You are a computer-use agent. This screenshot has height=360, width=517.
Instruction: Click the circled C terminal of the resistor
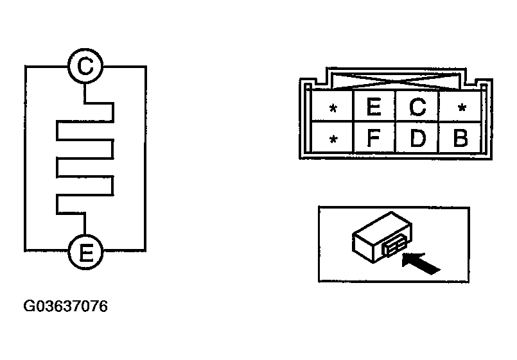click(x=85, y=66)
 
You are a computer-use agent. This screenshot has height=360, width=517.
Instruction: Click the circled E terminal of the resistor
click(x=85, y=252)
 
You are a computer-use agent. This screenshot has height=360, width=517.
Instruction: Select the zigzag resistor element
click(x=85, y=159)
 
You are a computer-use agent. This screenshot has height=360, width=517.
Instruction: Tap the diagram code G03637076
click(x=66, y=306)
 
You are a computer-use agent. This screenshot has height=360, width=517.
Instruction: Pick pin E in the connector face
click(x=374, y=106)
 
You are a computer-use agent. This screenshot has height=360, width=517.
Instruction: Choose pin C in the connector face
click(x=417, y=106)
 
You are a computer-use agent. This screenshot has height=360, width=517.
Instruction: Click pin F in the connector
click(x=374, y=137)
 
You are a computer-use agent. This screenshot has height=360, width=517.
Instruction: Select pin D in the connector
click(x=417, y=137)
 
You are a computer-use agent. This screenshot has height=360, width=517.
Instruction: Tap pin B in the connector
click(x=460, y=137)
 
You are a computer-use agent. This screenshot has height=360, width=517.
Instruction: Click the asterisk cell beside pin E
click(x=333, y=106)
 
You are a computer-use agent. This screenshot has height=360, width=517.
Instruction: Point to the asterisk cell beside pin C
click(x=460, y=106)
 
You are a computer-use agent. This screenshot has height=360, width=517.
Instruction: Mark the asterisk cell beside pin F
click(x=333, y=137)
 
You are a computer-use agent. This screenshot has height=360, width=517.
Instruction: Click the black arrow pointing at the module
click(x=421, y=263)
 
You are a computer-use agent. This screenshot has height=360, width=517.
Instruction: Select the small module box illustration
click(x=382, y=237)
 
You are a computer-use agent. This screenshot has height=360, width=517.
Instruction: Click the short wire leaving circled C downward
click(x=85, y=94)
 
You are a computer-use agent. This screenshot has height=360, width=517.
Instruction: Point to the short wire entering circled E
click(x=85, y=224)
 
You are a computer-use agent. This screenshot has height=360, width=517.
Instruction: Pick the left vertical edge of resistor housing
click(x=26, y=159)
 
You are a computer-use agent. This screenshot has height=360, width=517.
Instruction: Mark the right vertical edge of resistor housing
click(x=145, y=159)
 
